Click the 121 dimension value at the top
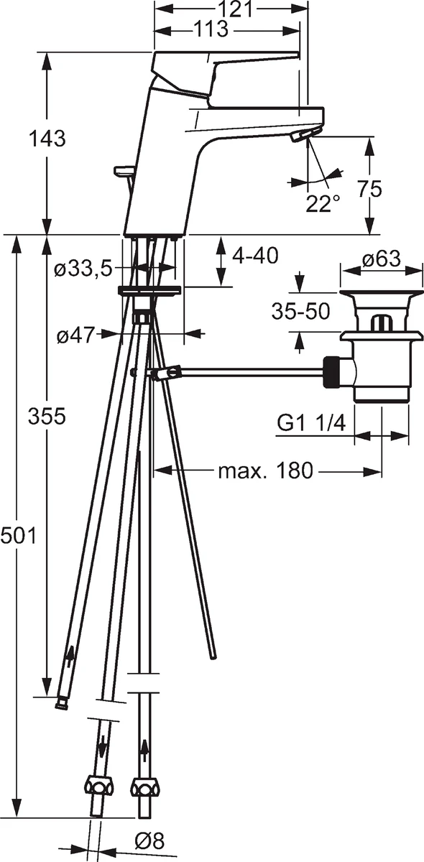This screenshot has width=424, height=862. click(236, 9)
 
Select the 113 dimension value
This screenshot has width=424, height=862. click(211, 29)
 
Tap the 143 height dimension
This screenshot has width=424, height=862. click(47, 138)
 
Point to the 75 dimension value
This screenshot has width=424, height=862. click(369, 189)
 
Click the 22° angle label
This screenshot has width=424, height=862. click(323, 203)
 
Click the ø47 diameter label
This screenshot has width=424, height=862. click(75, 336)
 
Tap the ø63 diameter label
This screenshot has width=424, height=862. click(382, 259)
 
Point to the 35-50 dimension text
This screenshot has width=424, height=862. click(301, 311)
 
